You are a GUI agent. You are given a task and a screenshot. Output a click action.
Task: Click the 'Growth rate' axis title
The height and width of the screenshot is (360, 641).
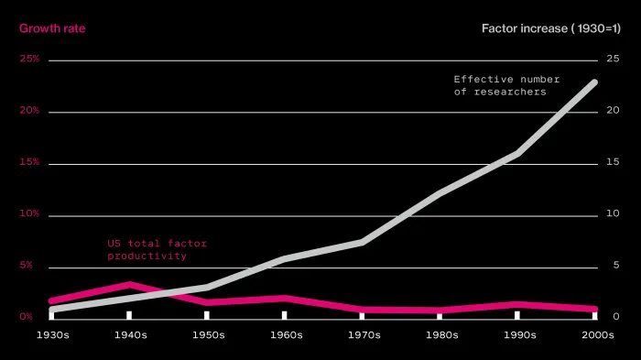point(52,28)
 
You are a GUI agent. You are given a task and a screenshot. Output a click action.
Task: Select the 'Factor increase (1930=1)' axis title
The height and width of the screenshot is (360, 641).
point(551,28)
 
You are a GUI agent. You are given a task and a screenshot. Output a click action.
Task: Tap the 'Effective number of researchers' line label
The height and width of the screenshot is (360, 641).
point(506,85)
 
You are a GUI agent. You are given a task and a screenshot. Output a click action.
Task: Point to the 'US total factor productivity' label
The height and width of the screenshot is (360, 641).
point(157,249)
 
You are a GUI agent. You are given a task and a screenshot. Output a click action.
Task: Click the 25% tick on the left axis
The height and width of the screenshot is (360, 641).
point(29,59)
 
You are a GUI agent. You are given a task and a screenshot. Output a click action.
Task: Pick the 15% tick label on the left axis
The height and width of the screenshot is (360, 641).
point(29,162)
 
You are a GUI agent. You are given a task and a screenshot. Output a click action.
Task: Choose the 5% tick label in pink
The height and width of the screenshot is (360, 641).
point(26,265)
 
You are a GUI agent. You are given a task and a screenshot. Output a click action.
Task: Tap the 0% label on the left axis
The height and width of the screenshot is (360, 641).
point(26,317)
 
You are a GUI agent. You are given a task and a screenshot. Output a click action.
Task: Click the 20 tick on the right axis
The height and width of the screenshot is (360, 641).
point(613,111)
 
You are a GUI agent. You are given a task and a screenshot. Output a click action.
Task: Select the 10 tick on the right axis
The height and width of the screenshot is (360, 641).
point(613,213)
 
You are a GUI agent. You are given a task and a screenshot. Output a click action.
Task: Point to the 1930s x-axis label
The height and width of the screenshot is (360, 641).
point(53,335)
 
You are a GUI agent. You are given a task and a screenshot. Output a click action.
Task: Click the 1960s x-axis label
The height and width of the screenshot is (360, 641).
point(286,335)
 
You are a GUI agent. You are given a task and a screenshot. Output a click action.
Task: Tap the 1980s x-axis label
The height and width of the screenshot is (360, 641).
point(442,335)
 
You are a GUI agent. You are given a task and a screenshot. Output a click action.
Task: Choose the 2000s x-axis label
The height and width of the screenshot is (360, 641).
point(598,335)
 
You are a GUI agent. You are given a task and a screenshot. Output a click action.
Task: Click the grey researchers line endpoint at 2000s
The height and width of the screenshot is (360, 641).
point(595,82)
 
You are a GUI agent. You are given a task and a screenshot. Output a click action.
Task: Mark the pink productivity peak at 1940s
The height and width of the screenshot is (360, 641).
point(130,284)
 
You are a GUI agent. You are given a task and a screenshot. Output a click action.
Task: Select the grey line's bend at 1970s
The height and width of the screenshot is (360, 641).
point(363,242)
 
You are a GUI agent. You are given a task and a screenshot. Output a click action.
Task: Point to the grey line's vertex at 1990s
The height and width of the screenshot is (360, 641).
point(517,153)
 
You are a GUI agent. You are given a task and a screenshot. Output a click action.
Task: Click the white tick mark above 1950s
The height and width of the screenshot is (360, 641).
point(207,315)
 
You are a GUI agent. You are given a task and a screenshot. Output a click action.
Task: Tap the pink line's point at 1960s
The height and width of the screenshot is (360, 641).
point(285,299)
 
